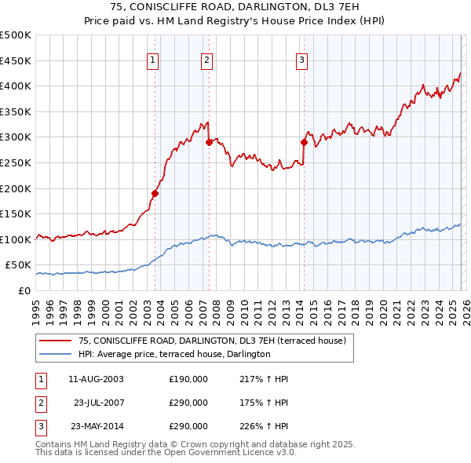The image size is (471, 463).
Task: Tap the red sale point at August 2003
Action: [x=155, y=193]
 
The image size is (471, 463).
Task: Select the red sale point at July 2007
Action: [x=210, y=142]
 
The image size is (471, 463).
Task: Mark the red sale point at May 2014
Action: [x=304, y=142]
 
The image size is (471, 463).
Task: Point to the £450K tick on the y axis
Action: [x=16, y=60]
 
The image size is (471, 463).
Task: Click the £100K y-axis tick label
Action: [x=16, y=239]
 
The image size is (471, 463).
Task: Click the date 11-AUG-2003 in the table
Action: [x=96, y=379]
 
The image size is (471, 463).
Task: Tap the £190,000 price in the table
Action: [x=188, y=379]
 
